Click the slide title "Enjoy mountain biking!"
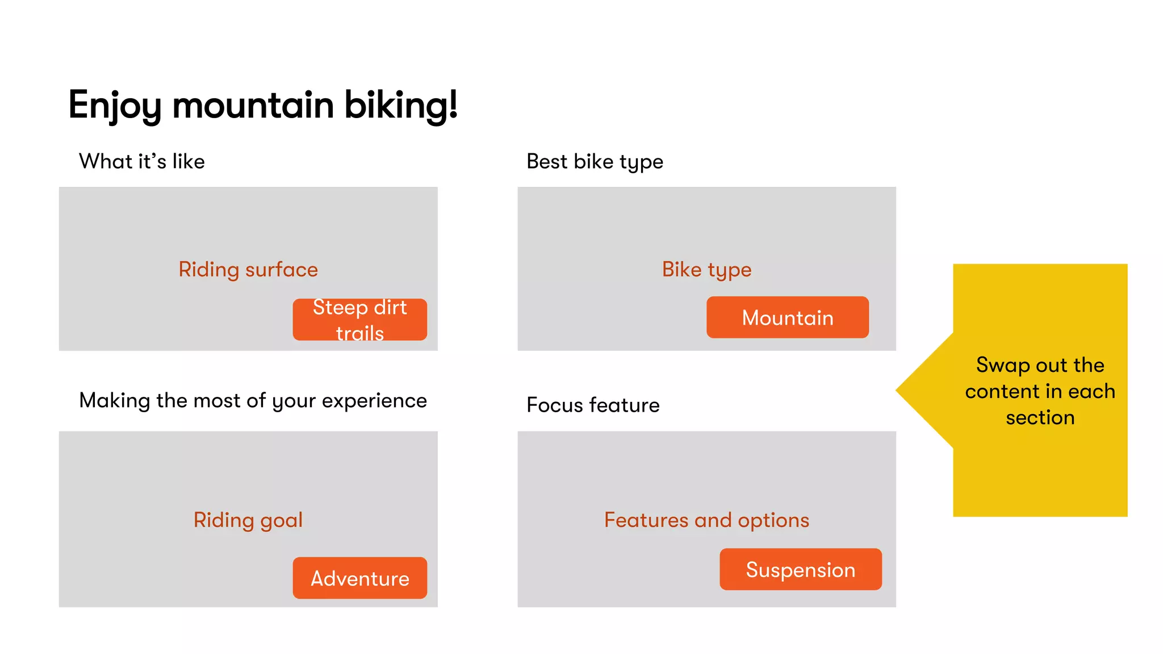pos(262,106)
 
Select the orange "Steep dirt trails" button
pos(359,320)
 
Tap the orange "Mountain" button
pos(787,317)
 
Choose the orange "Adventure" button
pos(359,578)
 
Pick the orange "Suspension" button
pos(800,569)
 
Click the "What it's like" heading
pos(141,161)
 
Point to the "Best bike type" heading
pos(595,162)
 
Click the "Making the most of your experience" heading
pos(253,401)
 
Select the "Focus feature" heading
pos(593,405)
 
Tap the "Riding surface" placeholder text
pos(248,270)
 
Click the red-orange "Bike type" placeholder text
pos(706,270)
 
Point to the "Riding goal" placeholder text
pos(248,520)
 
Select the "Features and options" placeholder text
pos(706,520)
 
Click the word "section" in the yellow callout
pos(1040,418)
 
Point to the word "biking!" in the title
pos(401,106)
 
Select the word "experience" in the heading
pos(374,401)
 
